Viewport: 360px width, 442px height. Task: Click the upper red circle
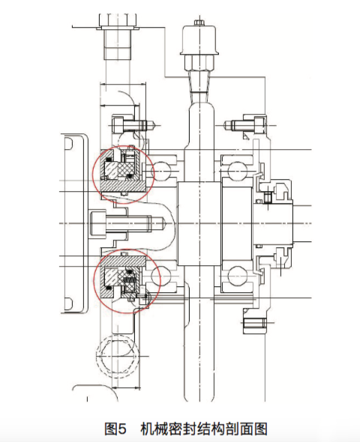coord(94,175)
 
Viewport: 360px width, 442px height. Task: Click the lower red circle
coord(94,281)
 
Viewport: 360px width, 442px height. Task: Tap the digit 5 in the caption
coord(122,429)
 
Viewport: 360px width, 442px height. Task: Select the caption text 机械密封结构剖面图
coord(204,429)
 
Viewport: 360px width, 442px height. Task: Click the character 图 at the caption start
coord(110,429)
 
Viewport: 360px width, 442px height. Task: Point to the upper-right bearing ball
coord(237,171)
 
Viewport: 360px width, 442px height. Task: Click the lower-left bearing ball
coord(160,276)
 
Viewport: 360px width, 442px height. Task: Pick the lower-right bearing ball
coord(237,276)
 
